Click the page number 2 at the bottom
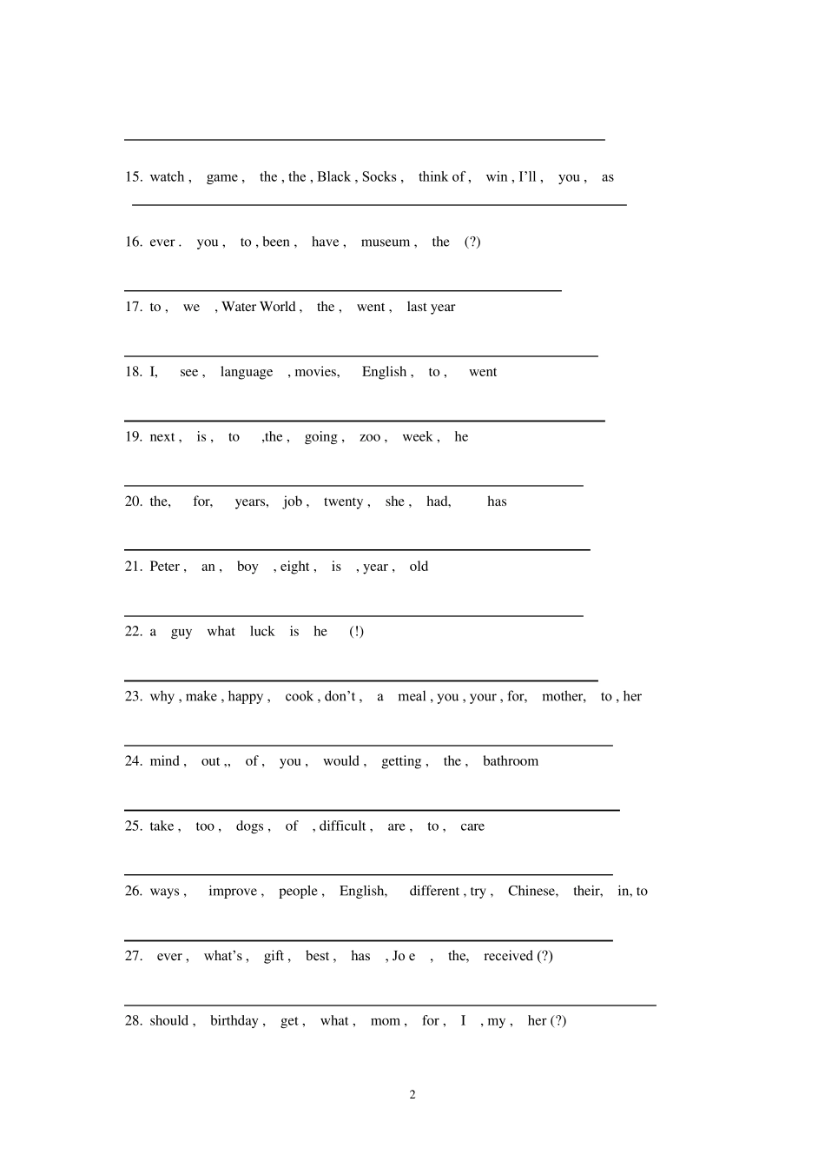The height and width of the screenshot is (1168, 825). [412, 1094]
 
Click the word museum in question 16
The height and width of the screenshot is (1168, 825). [385, 242]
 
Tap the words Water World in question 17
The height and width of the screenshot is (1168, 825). [259, 307]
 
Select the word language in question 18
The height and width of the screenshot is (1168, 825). [247, 372]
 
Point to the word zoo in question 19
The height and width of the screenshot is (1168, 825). [370, 437]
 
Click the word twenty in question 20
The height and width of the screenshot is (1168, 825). [343, 501]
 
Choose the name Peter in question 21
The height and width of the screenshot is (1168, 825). [164, 567]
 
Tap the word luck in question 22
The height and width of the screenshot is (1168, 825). [262, 632]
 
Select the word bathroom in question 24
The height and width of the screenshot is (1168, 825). [511, 761]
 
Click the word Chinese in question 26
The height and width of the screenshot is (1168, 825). [531, 891]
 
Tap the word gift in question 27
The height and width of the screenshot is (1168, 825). [274, 956]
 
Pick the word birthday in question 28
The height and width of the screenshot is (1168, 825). [234, 1021]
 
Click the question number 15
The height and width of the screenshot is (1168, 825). [133, 177]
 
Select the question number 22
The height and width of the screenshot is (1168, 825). [133, 632]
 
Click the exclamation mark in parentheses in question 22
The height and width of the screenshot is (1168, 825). [356, 632]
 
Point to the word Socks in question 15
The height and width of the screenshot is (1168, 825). [379, 177]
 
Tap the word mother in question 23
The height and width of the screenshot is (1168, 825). [562, 697]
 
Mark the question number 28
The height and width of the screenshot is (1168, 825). [133, 1021]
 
